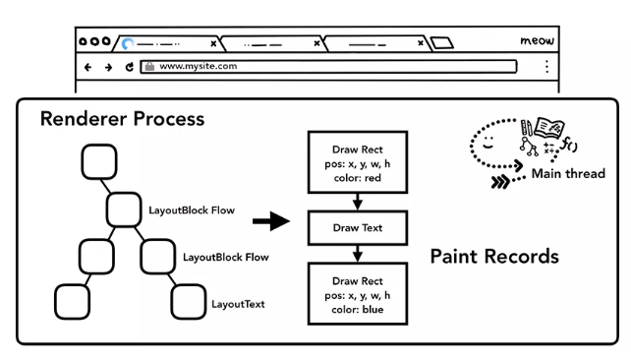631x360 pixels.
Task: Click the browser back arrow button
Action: (87, 67)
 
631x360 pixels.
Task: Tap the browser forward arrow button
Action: (108, 67)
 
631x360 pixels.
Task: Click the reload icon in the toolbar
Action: (129, 67)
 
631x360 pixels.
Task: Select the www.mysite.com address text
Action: (198, 66)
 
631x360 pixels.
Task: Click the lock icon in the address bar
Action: (149, 66)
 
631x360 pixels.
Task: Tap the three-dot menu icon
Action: (546, 67)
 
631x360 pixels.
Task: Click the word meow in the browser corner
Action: (537, 40)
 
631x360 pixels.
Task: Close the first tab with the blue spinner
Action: (213, 43)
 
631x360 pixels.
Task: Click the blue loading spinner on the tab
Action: (128, 43)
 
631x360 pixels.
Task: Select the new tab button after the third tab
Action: (442, 42)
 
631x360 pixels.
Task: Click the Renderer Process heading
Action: (122, 119)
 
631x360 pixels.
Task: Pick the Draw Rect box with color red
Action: (358, 162)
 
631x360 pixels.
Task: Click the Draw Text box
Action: (358, 228)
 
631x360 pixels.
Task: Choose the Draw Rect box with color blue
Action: (358, 294)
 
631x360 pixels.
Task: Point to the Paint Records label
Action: (494, 257)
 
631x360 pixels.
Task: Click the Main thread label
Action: (568, 173)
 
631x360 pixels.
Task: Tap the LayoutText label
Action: (238, 304)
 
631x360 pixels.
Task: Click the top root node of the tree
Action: (99, 162)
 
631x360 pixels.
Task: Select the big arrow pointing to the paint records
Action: (271, 221)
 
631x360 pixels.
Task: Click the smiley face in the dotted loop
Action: (488, 142)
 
